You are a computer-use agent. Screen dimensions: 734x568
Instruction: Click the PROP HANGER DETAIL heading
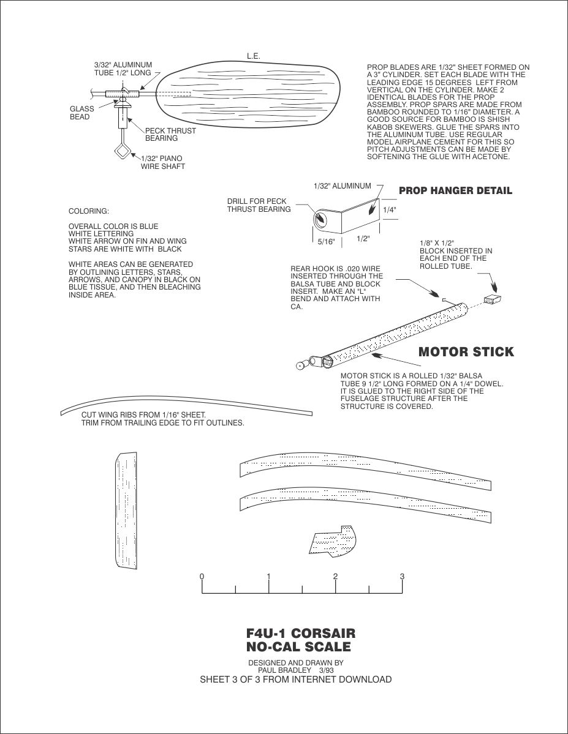click(x=455, y=191)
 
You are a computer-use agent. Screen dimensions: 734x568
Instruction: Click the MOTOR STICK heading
click(x=466, y=352)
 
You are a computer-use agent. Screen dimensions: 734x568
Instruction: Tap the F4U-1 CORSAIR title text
click(x=300, y=634)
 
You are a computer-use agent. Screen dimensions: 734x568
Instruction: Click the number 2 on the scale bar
click(x=335, y=577)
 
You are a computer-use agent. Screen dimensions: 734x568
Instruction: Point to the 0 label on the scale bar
click(x=202, y=577)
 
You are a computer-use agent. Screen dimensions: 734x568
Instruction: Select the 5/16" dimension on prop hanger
click(x=326, y=242)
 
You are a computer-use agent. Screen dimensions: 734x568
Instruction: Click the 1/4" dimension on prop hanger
click(x=390, y=209)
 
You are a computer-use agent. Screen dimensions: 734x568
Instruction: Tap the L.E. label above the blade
click(x=254, y=56)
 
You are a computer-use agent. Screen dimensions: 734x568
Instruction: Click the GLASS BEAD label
click(x=81, y=113)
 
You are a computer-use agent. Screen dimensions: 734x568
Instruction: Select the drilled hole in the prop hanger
click(x=320, y=219)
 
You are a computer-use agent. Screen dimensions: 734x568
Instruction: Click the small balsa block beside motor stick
click(x=493, y=299)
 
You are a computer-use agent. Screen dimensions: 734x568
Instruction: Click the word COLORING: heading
click(x=88, y=211)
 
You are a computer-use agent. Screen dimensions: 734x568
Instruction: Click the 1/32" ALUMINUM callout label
click(x=342, y=185)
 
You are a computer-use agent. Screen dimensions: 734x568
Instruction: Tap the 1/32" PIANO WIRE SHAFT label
click(x=162, y=162)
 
